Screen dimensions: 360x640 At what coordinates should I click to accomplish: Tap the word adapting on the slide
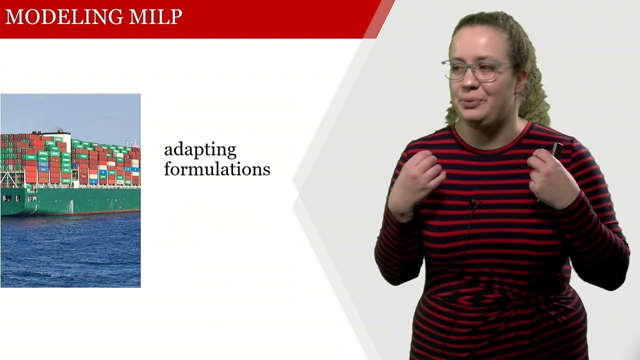pyautogui.click(x=200, y=150)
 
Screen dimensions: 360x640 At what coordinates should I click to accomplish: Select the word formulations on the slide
pyautogui.click(x=217, y=169)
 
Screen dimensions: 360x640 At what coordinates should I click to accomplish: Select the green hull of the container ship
pyautogui.click(x=75, y=200)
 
